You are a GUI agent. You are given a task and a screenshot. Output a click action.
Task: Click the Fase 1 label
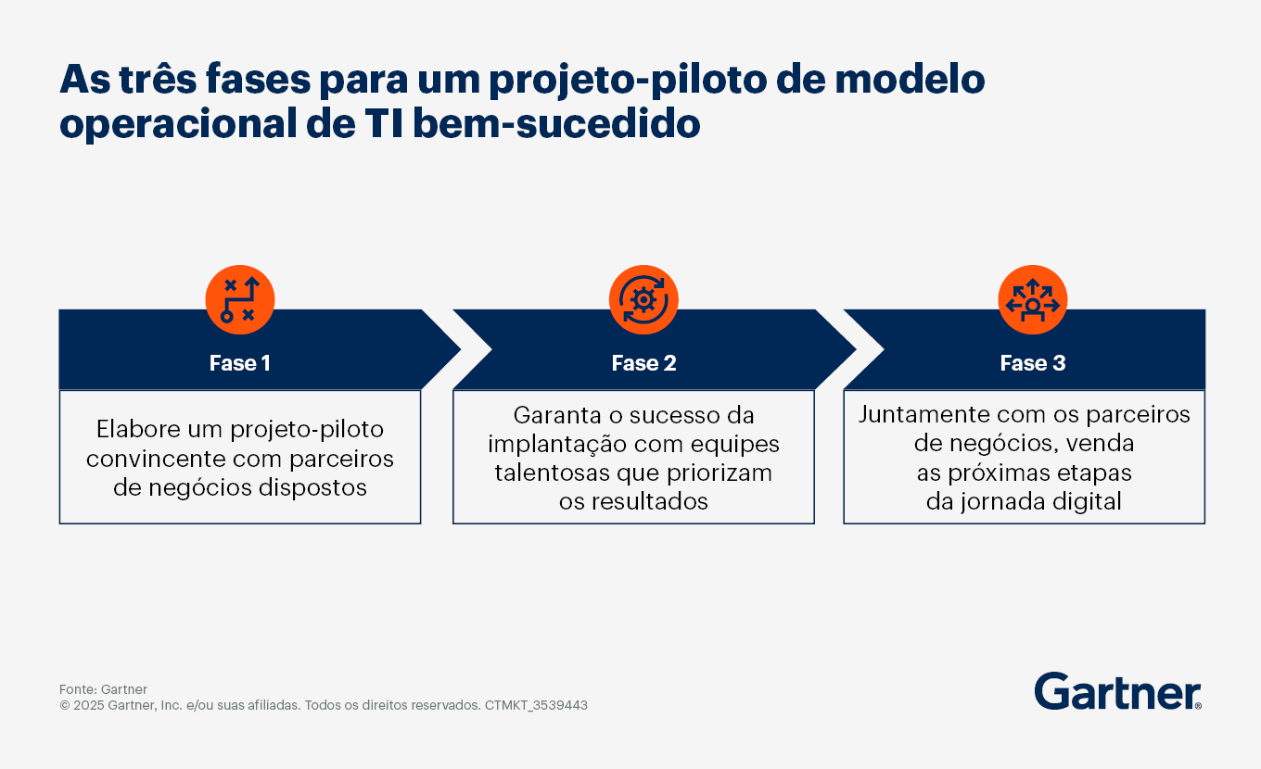(240, 363)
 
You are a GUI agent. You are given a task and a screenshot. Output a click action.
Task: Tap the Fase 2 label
(643, 363)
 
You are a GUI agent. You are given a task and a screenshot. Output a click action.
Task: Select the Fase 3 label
(1033, 363)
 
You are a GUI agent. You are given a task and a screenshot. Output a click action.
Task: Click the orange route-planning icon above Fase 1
(240, 300)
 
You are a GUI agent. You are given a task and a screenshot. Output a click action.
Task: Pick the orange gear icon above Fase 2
(643, 300)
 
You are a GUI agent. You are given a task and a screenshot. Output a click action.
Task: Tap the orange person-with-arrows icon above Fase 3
(1033, 300)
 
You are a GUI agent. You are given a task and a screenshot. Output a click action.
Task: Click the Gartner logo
(1117, 691)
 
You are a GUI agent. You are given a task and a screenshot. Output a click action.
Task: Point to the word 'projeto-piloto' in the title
(628, 81)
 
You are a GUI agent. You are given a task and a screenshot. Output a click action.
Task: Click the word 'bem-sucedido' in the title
(556, 124)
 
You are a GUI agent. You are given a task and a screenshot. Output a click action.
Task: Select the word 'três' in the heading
(159, 79)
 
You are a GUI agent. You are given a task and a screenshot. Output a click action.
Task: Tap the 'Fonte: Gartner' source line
(103, 689)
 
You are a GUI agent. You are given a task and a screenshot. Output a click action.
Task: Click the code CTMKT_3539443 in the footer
(536, 705)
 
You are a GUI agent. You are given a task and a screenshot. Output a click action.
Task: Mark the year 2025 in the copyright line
(88, 705)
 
